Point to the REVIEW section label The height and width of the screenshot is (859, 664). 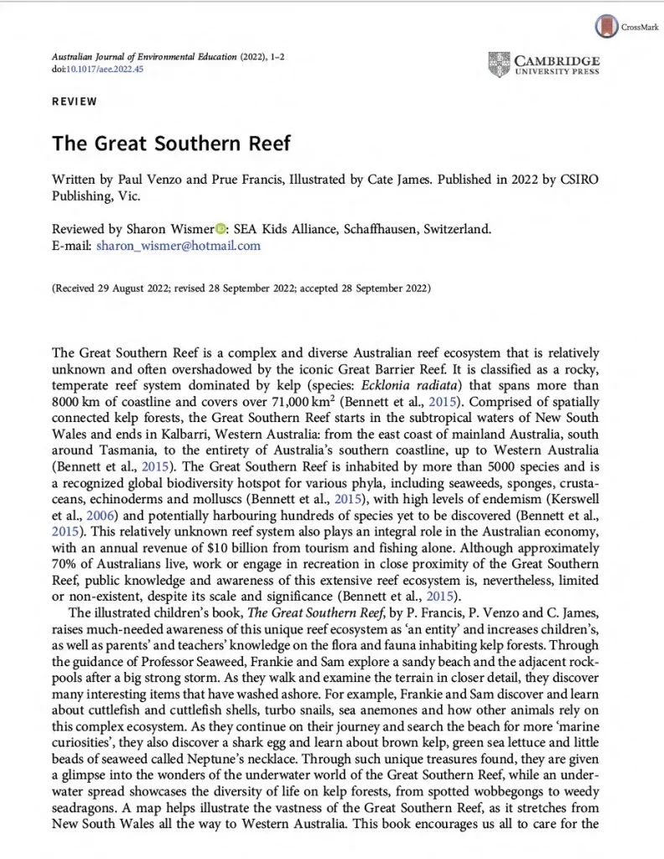(x=75, y=102)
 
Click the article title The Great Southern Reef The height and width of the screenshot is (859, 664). (x=171, y=142)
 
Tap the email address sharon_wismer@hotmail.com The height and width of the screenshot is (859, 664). (x=179, y=246)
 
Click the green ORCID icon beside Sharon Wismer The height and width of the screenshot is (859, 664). (x=221, y=229)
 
